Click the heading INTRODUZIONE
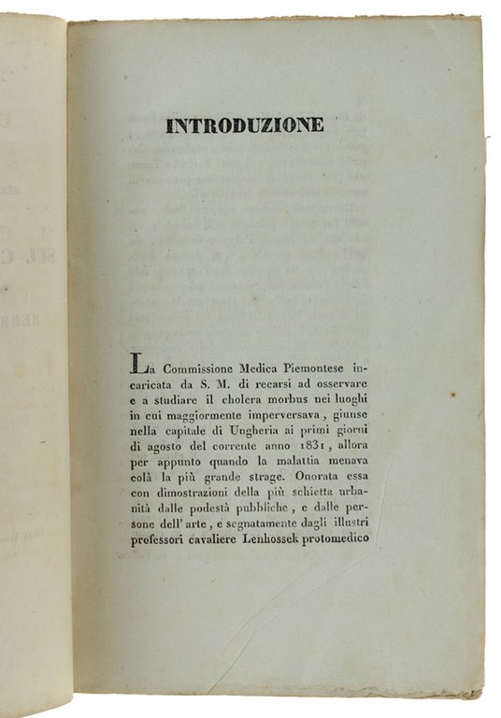pos(245,124)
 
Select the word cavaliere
pos(224,539)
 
